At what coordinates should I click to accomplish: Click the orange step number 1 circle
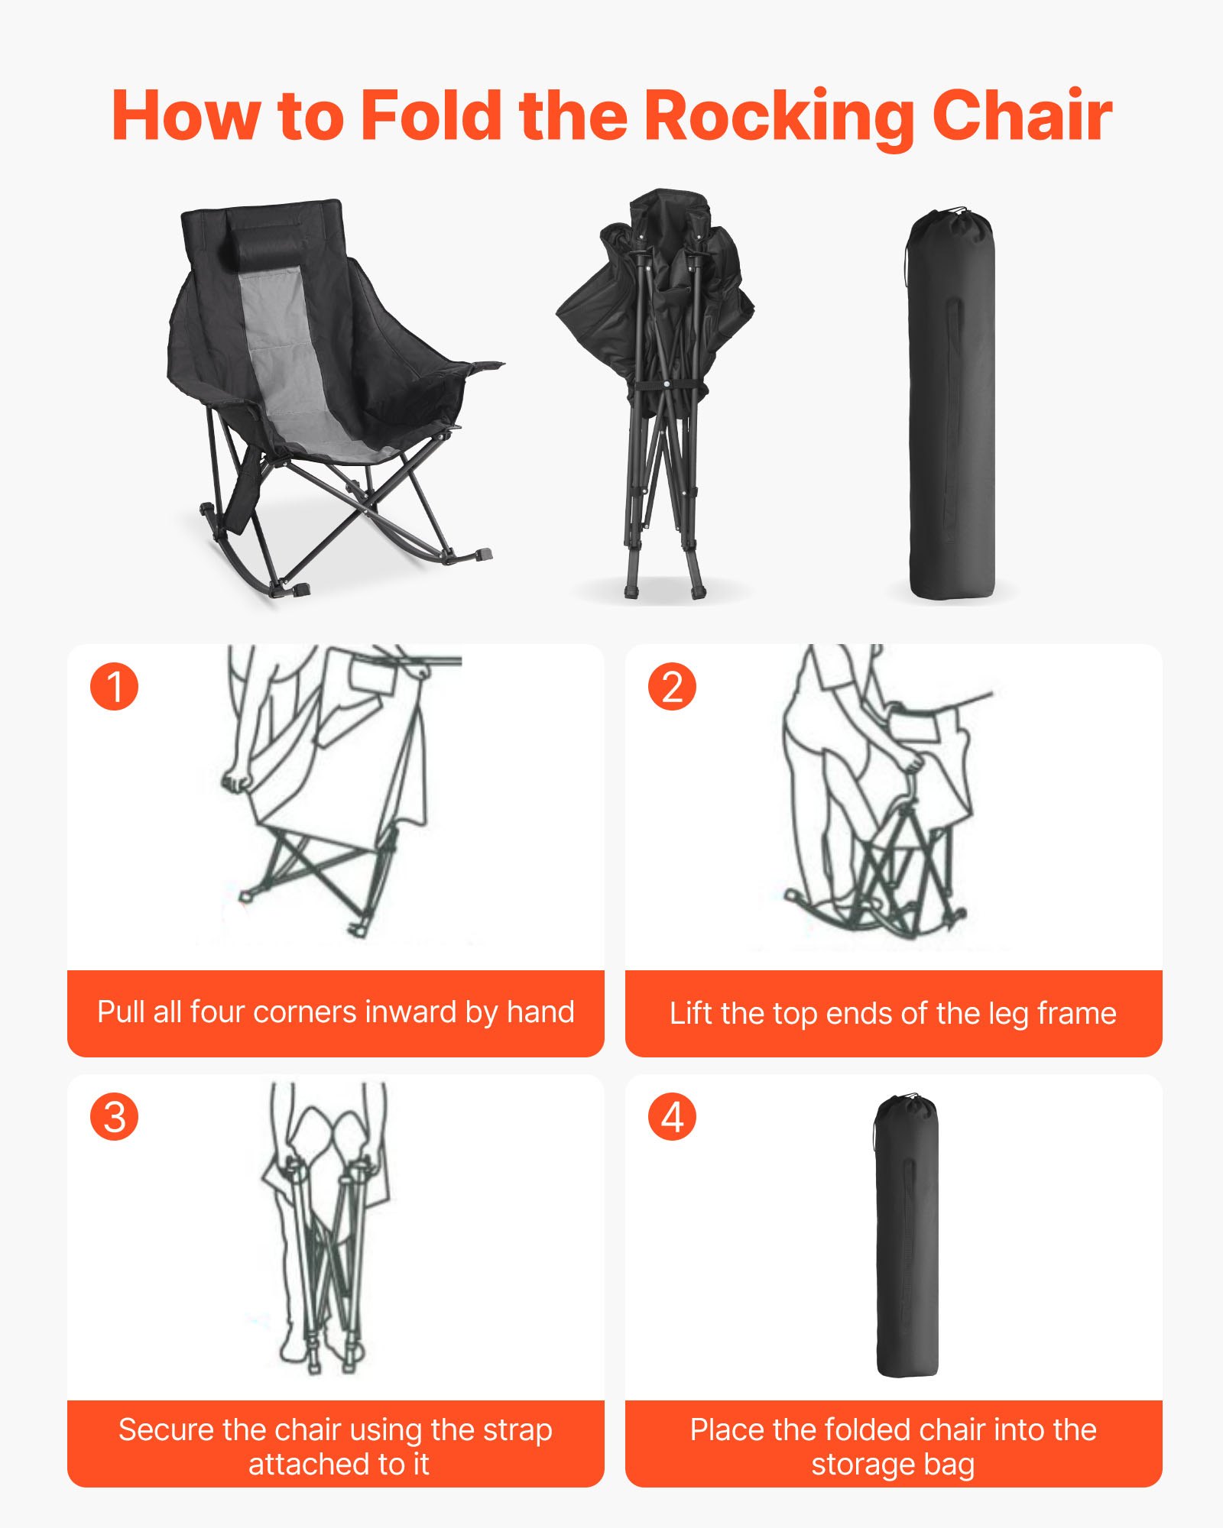(x=115, y=686)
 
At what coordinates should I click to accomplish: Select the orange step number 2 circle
(x=672, y=686)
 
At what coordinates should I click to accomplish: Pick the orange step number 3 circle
(x=115, y=1117)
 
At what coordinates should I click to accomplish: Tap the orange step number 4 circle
(x=672, y=1117)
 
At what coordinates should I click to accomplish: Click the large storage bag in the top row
(x=952, y=413)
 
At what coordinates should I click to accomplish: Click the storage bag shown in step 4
(x=906, y=1238)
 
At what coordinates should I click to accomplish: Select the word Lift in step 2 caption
(x=690, y=1014)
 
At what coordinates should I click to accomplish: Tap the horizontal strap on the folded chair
(x=667, y=385)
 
